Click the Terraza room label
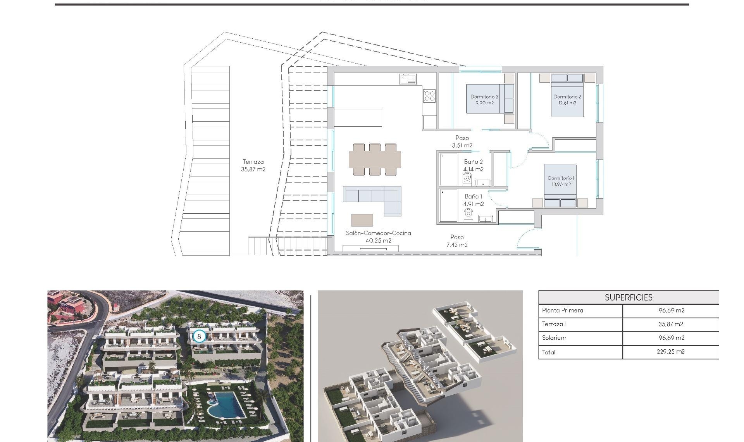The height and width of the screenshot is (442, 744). tap(253, 166)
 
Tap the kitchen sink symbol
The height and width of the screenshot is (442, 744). tap(408, 79)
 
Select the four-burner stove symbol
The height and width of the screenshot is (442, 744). tap(429, 96)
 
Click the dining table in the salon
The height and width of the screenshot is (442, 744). tap(375, 159)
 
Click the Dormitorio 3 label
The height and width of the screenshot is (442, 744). tap(484, 100)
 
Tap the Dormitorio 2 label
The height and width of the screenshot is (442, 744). tap(567, 100)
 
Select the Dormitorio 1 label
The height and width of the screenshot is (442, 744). tap(561, 181)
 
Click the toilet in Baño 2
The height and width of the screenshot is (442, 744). tap(467, 178)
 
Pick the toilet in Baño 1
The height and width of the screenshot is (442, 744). tap(468, 213)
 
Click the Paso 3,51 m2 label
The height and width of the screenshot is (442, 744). tap(462, 142)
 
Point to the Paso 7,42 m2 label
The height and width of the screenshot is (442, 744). tap(457, 241)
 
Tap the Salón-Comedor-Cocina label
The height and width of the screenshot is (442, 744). tap(378, 237)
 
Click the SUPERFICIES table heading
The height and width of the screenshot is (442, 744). tap(629, 297)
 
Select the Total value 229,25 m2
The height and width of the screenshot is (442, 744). tap(671, 352)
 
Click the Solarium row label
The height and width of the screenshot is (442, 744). tap(554, 338)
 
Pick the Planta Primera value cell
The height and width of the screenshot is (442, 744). tap(671, 310)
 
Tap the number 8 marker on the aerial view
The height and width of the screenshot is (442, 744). tap(199, 336)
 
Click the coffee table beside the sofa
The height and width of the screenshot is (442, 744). tap(362, 220)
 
